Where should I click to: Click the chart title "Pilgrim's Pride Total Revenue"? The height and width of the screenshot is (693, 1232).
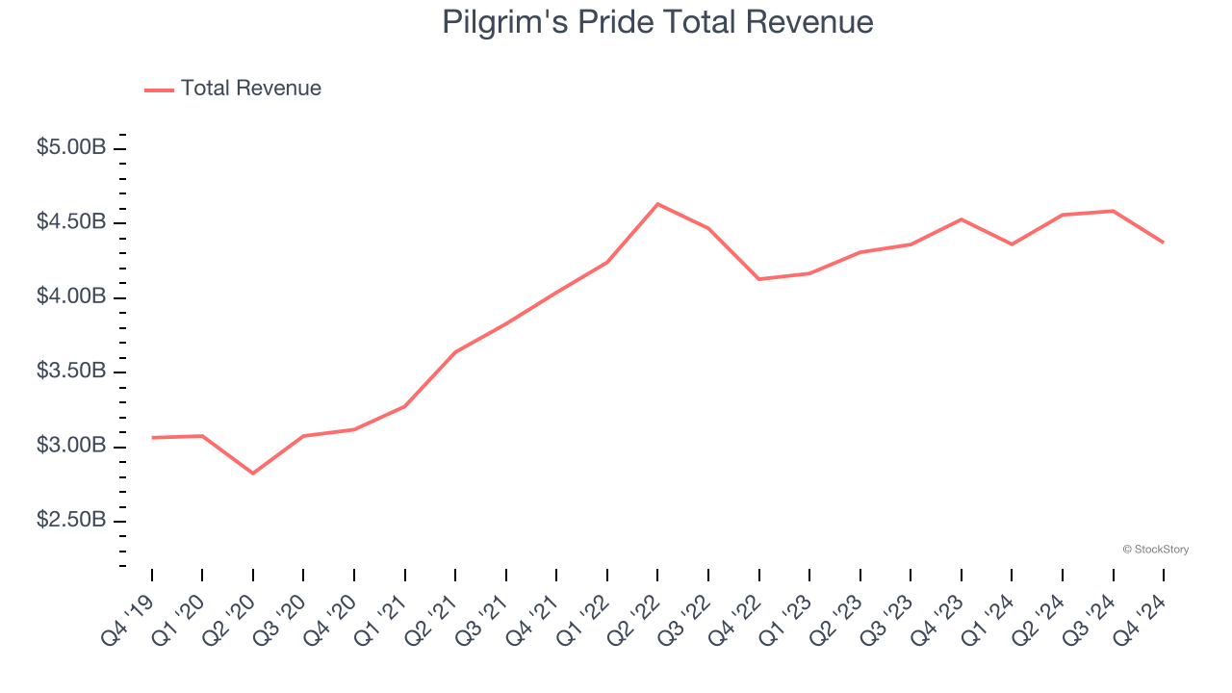coord(657,22)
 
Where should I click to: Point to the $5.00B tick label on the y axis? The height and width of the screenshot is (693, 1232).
coord(71,148)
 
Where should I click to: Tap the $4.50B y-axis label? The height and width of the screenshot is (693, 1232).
coord(71,222)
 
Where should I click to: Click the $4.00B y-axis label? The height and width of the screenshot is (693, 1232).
coord(71,296)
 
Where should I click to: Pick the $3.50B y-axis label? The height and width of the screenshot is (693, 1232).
coord(71,372)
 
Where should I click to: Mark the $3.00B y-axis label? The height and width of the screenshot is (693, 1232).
coord(71,446)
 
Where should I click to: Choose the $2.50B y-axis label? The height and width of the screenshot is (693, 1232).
coord(71,521)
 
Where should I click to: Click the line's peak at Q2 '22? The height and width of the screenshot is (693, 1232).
coord(657,204)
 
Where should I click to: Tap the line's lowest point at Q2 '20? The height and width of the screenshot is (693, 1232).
coord(253,474)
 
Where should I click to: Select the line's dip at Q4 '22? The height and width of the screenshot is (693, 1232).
coord(759,279)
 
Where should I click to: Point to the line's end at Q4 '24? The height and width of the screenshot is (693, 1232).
coord(1164,243)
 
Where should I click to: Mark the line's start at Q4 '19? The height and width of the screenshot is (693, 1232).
coord(152,438)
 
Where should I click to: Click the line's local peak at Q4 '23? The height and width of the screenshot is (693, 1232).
coord(962,219)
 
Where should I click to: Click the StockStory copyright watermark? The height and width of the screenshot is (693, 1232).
coord(1155,550)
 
